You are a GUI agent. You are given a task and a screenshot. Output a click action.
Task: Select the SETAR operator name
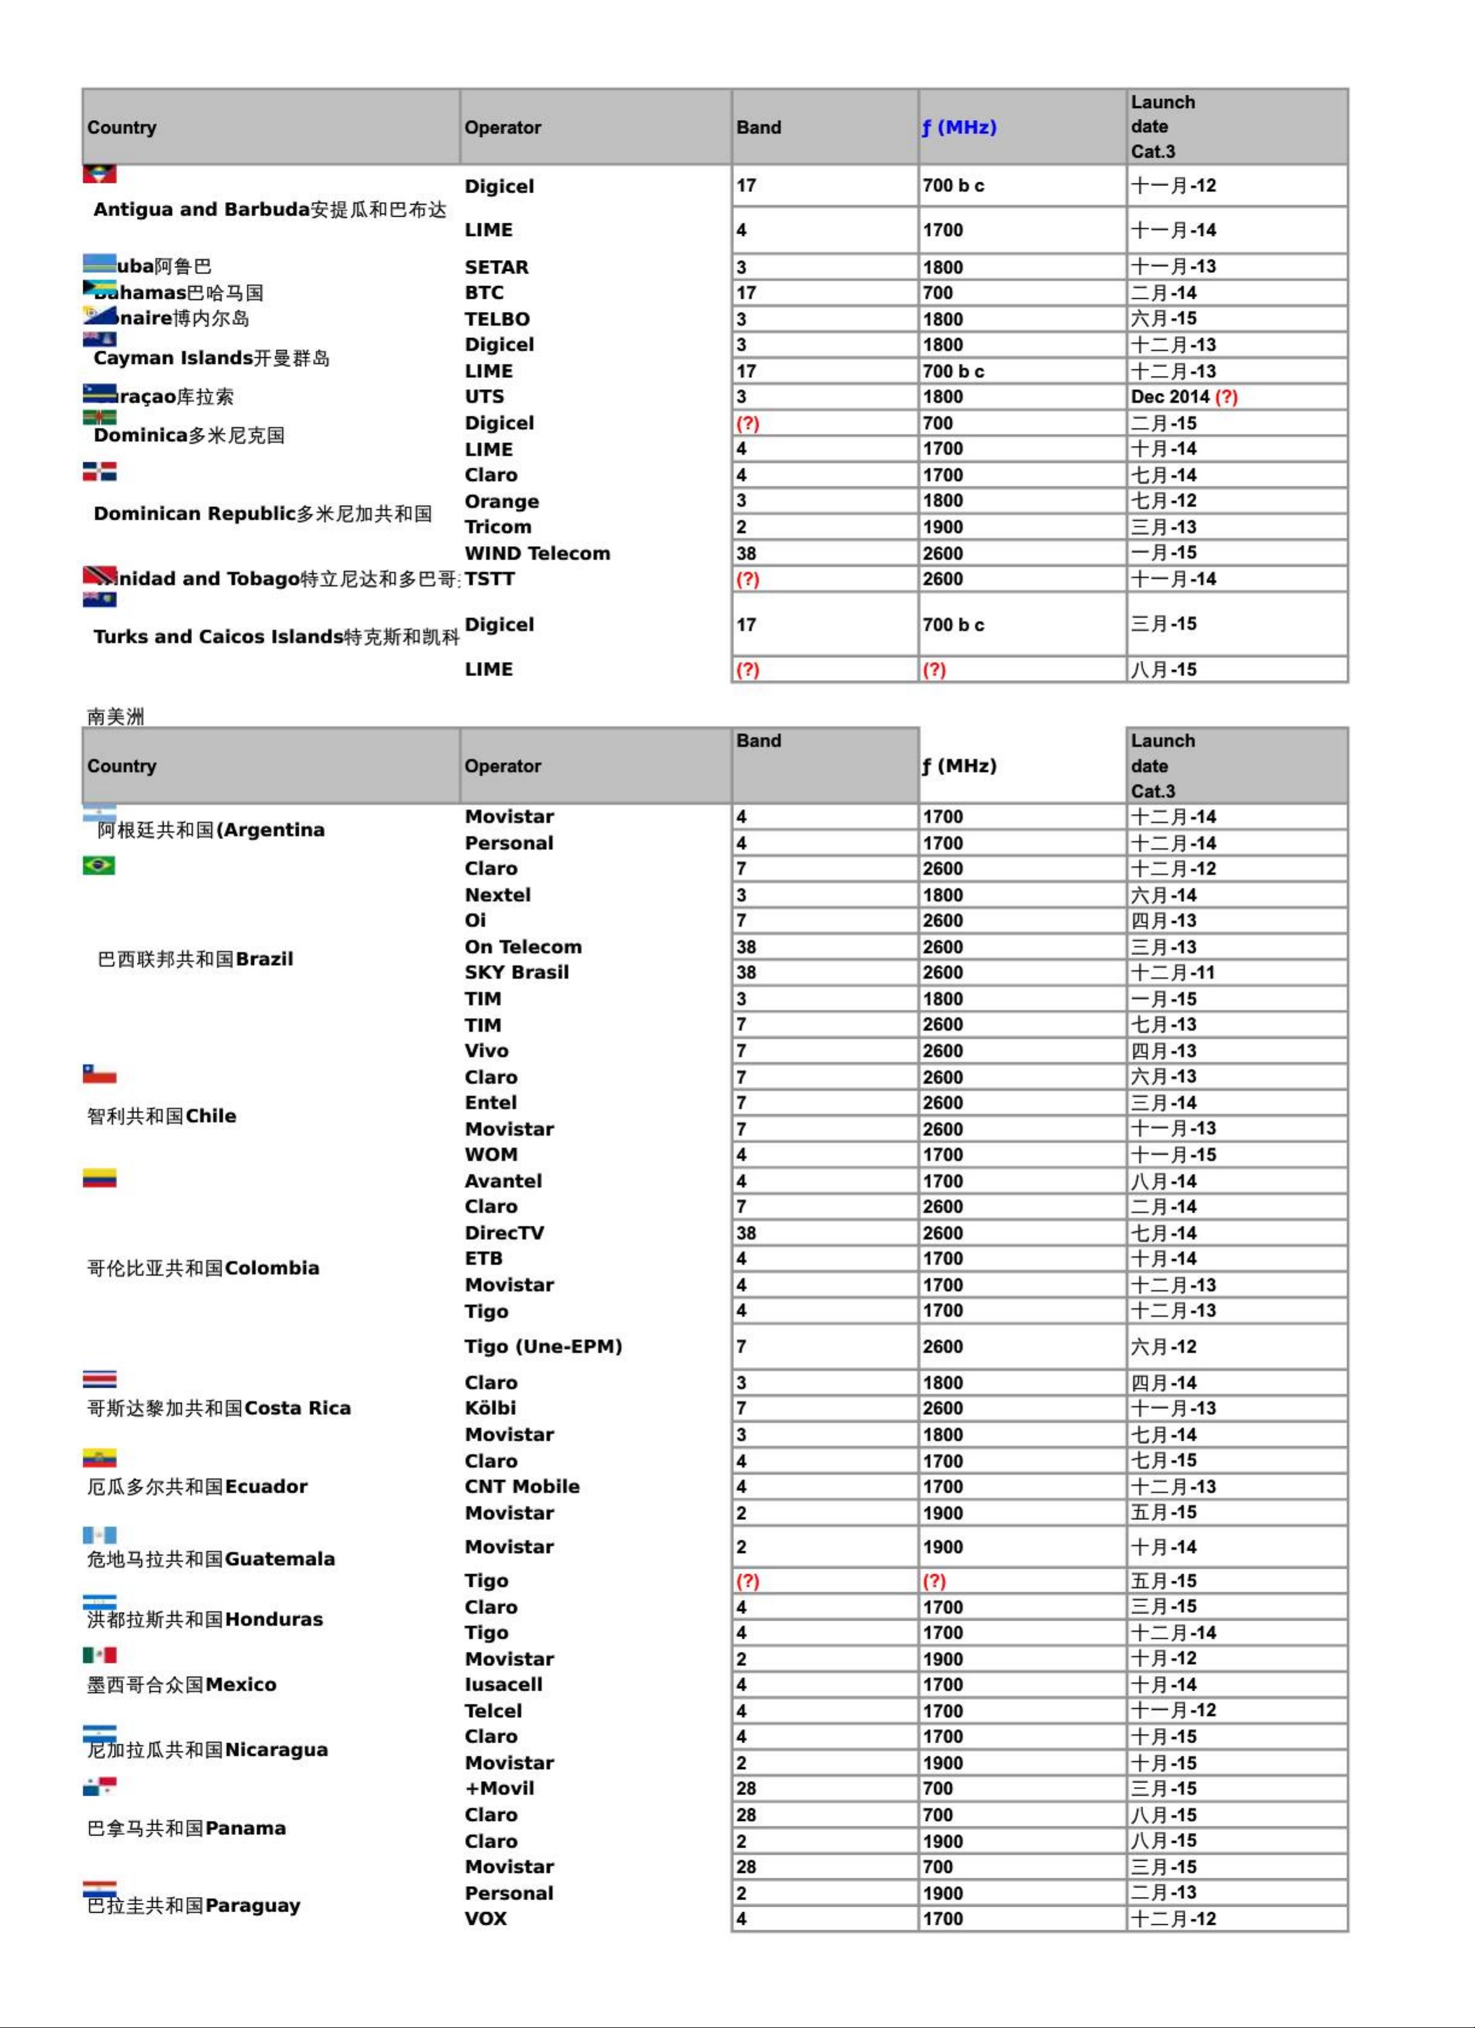tap(496, 267)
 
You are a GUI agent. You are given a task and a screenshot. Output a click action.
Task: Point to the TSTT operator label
tap(489, 579)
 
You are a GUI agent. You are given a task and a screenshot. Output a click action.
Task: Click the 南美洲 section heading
tap(115, 716)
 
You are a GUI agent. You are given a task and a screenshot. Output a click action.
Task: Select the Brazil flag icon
tap(98, 866)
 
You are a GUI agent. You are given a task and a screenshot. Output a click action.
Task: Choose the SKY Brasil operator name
tap(516, 973)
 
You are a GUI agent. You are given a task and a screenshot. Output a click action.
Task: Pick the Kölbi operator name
tap(490, 1408)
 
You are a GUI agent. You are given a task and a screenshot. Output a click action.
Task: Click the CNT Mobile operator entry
tap(521, 1487)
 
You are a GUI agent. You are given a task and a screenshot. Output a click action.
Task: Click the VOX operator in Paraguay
tap(486, 1919)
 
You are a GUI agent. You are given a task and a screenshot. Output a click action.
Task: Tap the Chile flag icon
tap(99, 1074)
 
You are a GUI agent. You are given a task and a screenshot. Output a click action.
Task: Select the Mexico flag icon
tap(99, 1655)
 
